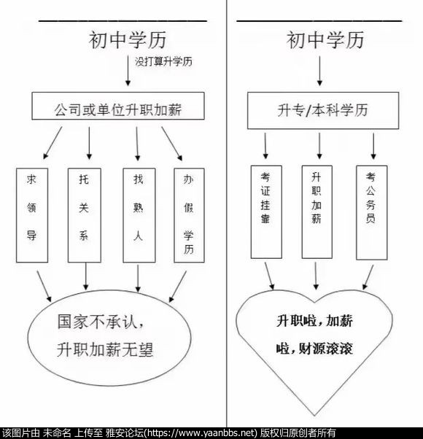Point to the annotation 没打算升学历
point(164,61)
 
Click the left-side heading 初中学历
point(128,40)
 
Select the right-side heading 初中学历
point(325,40)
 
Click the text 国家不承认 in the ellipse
point(101,322)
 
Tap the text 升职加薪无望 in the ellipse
point(105,349)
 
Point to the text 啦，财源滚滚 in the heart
point(314,349)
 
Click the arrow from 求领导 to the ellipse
point(44,286)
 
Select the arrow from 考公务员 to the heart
point(368,277)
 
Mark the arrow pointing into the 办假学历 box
point(172,144)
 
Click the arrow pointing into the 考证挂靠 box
point(265,146)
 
